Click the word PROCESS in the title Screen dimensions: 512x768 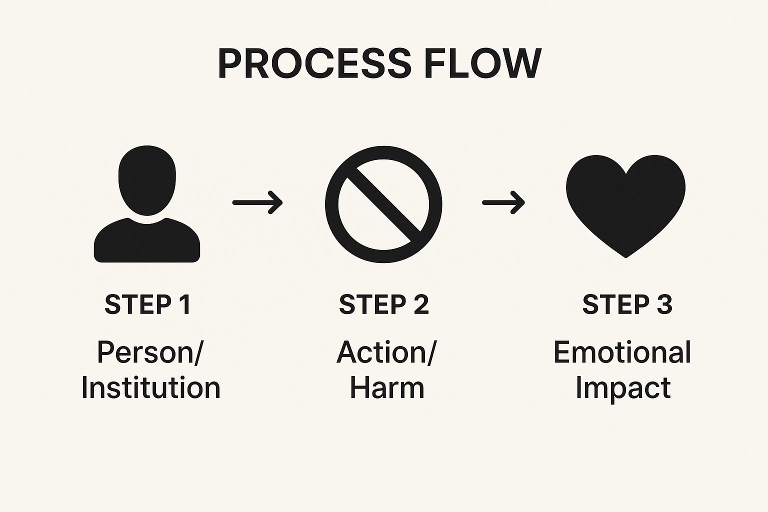click(314, 64)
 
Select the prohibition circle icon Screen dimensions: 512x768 click(383, 204)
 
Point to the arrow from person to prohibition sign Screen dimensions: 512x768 click(257, 202)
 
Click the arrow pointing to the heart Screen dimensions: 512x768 click(503, 202)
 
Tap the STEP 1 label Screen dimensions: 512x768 click(148, 304)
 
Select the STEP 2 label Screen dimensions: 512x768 click(384, 304)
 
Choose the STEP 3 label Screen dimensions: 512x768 click(627, 304)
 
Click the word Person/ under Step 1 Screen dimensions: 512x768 click(150, 352)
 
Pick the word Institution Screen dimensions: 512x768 click(150, 388)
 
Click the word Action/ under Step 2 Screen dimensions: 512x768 click(386, 352)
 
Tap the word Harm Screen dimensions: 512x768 click(386, 388)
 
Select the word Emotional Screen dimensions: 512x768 click(622, 352)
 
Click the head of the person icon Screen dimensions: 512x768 click(147, 180)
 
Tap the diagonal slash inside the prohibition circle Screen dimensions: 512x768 click(383, 204)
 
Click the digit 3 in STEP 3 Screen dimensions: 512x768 click(664, 304)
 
